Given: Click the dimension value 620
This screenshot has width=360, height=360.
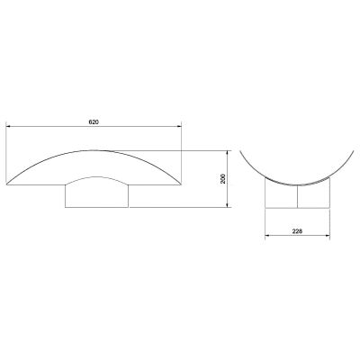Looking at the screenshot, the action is [94, 122].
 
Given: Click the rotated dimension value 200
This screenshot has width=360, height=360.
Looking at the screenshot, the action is [223, 179].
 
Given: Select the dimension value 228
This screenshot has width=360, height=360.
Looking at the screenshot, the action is [297, 231].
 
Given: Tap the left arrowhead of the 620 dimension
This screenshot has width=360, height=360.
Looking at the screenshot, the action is [9, 126].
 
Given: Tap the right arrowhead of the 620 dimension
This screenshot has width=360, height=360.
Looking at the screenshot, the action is [179, 126].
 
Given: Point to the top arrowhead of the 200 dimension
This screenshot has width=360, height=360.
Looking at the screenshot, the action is [228, 153].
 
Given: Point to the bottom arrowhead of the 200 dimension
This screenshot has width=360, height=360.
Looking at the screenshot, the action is [228, 204].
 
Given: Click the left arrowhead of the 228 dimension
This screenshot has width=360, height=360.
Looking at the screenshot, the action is [267, 235].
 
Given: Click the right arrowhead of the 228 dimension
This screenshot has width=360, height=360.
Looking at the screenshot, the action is [328, 235].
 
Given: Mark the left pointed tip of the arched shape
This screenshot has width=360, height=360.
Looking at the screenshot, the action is [6, 184].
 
